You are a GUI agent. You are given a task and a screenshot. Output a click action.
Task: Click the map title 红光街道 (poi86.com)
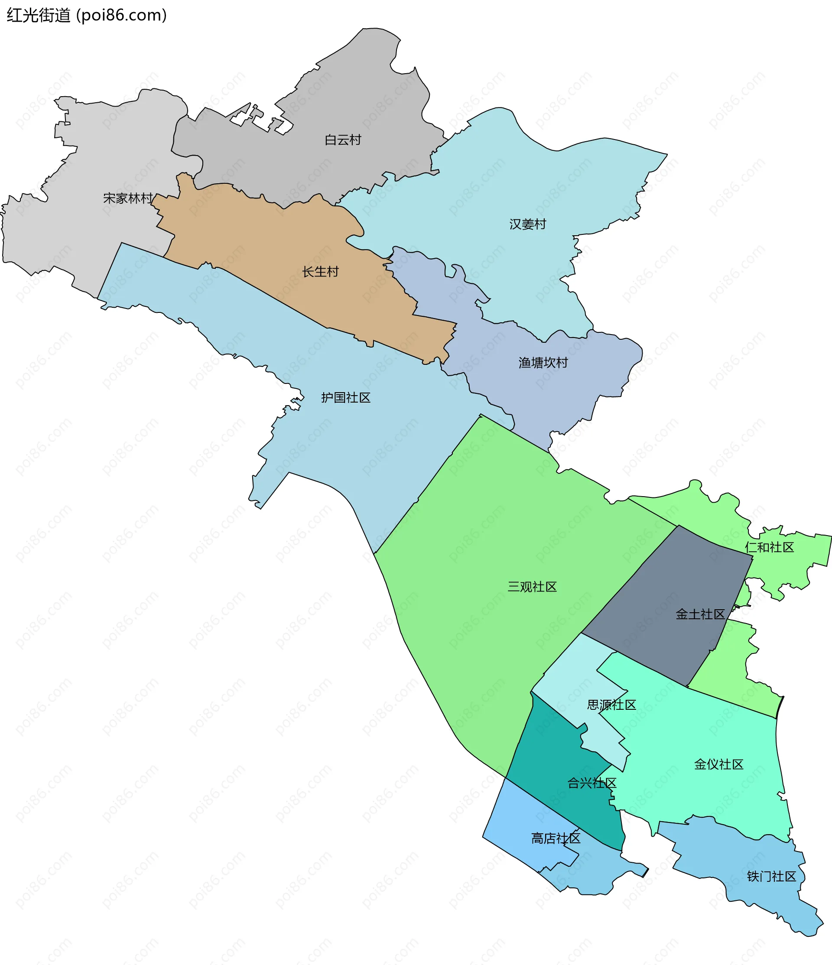pyautogui.click(x=87, y=15)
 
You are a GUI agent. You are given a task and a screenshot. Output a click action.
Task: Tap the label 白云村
pyautogui.click(x=343, y=140)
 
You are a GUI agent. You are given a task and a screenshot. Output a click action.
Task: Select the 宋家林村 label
pyautogui.click(x=128, y=198)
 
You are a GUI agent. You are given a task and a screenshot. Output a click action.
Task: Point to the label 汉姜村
pyautogui.click(x=527, y=224)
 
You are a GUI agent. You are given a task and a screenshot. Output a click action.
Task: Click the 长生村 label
pyautogui.click(x=320, y=272)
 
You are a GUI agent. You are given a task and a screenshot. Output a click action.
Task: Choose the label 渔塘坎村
pyautogui.click(x=543, y=363)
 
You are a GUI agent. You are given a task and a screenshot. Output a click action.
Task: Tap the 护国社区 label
pyautogui.click(x=346, y=398)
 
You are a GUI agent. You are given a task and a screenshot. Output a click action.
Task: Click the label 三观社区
pyautogui.click(x=532, y=587)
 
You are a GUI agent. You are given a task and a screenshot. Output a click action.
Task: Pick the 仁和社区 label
pyautogui.click(x=769, y=547)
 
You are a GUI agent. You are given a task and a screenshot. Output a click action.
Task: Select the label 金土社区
pyautogui.click(x=700, y=614)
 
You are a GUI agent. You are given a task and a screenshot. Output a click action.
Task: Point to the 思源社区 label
pyautogui.click(x=611, y=705)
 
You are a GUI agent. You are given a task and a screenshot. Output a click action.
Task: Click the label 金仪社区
pyautogui.click(x=718, y=764)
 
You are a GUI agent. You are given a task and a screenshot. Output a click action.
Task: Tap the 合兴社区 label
pyautogui.click(x=591, y=783)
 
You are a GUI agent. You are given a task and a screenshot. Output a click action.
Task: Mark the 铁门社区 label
pyautogui.click(x=771, y=877)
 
